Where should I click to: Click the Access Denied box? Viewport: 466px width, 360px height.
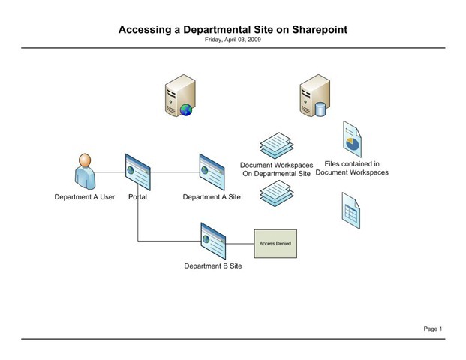[275, 244]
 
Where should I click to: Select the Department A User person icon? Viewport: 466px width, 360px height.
[85, 172]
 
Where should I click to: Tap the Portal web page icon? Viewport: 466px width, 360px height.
[137, 172]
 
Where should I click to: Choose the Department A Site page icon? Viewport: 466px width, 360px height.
[212, 172]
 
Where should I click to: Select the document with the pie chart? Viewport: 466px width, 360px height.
[351, 139]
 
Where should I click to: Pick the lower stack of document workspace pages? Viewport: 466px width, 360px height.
[276, 193]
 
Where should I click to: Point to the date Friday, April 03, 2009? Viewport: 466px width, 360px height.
[233, 40]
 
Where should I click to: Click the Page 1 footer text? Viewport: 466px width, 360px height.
[433, 328]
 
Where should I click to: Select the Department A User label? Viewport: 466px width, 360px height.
[85, 197]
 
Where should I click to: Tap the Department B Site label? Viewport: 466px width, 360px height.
[213, 265]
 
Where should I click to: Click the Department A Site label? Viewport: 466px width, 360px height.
[212, 197]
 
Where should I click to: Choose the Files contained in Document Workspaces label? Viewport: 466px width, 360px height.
[352, 168]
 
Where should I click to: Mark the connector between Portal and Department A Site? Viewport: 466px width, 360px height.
[175, 172]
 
